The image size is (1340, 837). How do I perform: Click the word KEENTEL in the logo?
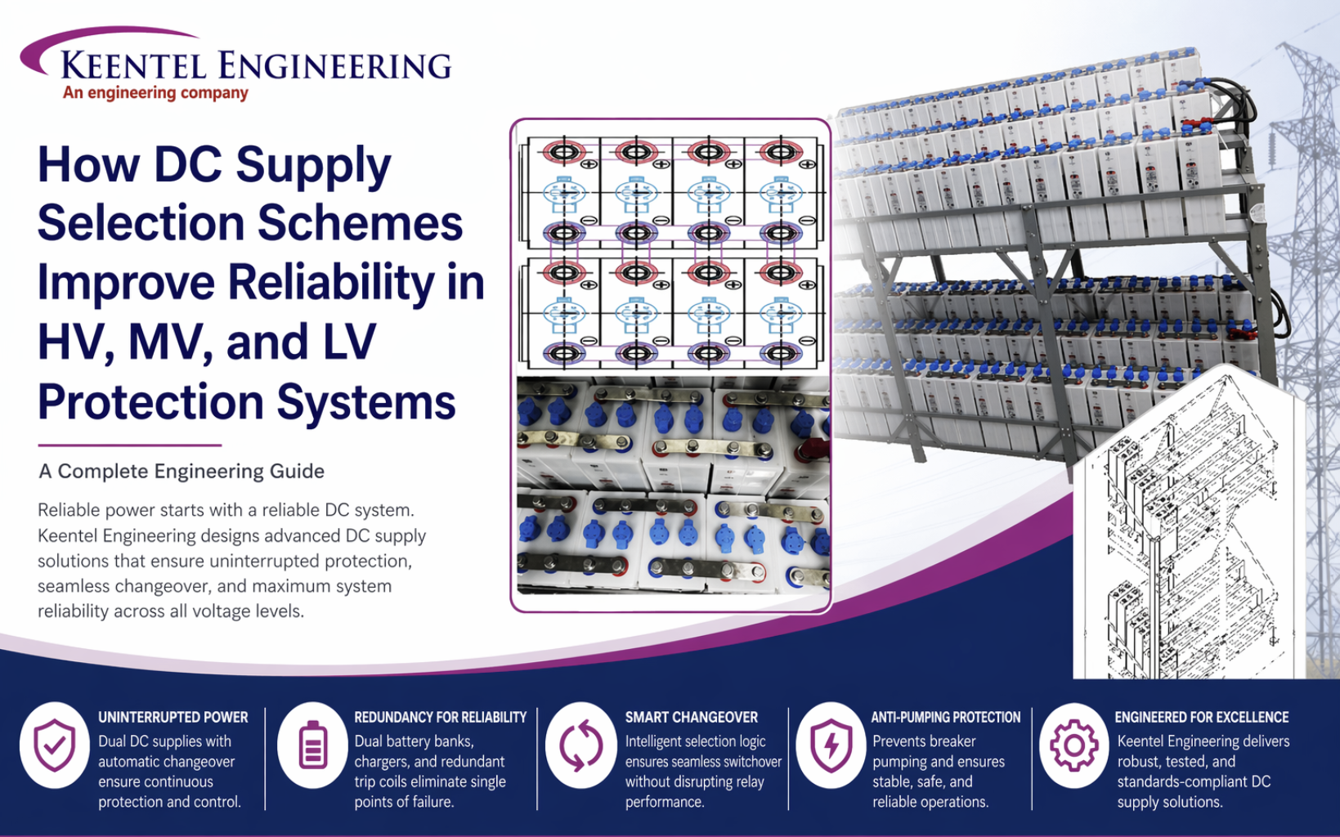click(x=133, y=65)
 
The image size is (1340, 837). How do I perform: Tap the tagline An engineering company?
click(x=155, y=93)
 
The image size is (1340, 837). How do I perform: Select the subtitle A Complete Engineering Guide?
click(x=182, y=472)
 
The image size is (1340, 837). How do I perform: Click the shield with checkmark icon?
click(x=55, y=745)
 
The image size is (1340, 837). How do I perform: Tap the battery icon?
click(x=312, y=745)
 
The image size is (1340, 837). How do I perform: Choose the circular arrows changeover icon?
click(x=580, y=745)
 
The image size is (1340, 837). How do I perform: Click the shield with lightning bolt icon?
click(x=831, y=745)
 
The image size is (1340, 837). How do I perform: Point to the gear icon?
click(x=1073, y=745)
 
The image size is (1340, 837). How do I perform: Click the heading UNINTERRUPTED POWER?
click(x=173, y=717)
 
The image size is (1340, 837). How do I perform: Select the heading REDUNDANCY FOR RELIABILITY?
click(x=440, y=717)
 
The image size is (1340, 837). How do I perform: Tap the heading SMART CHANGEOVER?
click(x=691, y=717)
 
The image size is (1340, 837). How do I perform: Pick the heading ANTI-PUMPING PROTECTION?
click(x=945, y=717)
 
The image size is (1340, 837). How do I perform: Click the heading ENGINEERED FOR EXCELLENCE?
click(x=1201, y=717)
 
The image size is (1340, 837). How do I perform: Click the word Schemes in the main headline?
click(x=361, y=223)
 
